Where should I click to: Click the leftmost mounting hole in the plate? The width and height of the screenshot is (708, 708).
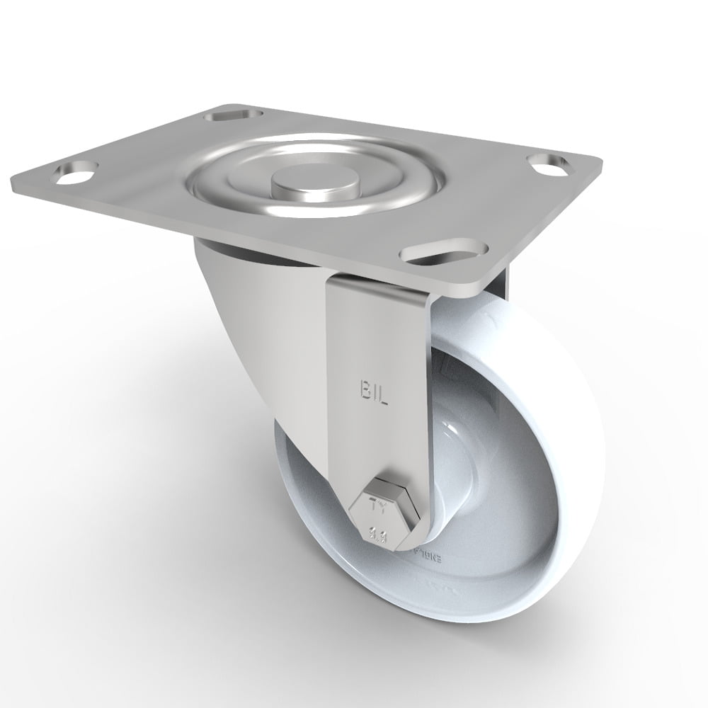80,171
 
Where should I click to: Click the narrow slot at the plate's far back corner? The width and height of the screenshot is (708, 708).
232,114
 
